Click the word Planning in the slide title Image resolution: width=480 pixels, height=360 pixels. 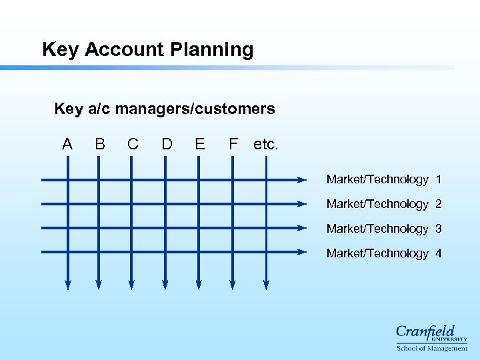click(x=212, y=50)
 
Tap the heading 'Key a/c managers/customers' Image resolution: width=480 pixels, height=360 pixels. click(x=164, y=108)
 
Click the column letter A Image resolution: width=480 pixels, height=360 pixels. click(x=67, y=144)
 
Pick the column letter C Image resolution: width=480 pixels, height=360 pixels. click(x=133, y=144)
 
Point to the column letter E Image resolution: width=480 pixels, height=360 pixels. click(x=199, y=144)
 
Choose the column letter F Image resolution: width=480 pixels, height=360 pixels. click(x=233, y=144)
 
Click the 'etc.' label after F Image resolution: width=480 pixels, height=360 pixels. click(x=266, y=145)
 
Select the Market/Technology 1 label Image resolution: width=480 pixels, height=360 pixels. click(x=383, y=179)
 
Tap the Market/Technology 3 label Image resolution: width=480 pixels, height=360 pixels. click(x=383, y=229)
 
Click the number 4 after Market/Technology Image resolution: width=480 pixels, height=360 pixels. click(x=438, y=253)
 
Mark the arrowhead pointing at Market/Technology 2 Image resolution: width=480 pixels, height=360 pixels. click(x=301, y=204)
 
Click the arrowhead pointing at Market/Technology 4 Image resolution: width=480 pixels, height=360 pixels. click(x=301, y=252)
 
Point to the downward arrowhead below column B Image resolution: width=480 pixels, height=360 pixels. click(x=99, y=285)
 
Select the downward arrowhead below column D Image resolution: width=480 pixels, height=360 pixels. click(x=165, y=285)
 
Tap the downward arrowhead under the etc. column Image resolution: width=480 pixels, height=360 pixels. click(x=266, y=285)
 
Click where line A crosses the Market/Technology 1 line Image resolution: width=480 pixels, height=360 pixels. click(x=67, y=180)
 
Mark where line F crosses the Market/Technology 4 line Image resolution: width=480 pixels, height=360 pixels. click(x=233, y=252)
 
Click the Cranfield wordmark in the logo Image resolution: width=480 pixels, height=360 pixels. click(x=425, y=331)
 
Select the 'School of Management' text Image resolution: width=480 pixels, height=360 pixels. click(x=432, y=348)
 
